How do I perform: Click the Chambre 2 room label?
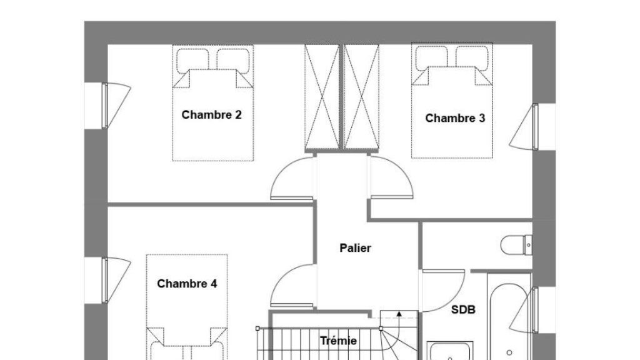click(211, 115)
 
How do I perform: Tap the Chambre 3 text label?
click(455, 118)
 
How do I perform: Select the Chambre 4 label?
click(187, 284)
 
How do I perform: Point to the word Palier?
click(355, 247)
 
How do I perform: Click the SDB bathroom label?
click(463, 310)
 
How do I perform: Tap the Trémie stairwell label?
click(338, 341)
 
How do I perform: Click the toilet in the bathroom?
click(516, 245)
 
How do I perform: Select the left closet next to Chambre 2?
click(322, 97)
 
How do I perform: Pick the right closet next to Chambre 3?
click(362, 97)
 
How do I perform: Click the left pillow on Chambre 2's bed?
click(192, 61)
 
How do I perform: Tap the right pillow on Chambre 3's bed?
click(472, 59)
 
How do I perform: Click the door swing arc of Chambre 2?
click(292, 179)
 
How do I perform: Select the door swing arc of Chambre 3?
click(391, 177)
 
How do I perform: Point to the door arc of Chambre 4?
click(292, 285)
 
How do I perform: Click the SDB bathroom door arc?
click(443, 291)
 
